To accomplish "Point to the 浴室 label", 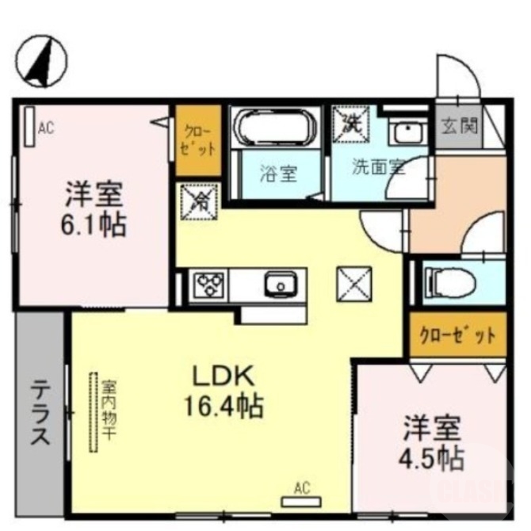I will (x=278, y=172).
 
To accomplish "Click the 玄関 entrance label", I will (x=459, y=126).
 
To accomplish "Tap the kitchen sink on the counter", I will (x=279, y=285).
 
